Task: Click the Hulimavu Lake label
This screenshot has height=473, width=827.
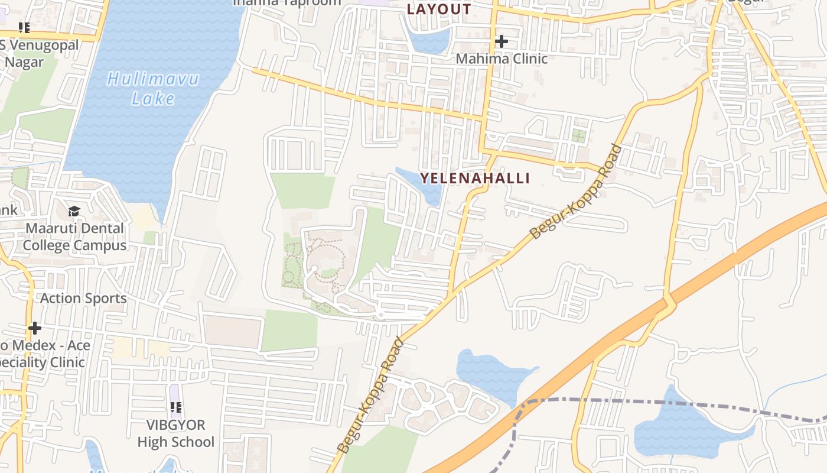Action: (153, 88)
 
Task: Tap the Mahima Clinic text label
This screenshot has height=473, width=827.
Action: (502, 59)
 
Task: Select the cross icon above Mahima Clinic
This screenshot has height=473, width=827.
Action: (502, 41)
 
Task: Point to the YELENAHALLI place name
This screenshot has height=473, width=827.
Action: (475, 178)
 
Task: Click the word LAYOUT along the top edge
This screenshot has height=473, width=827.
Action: (439, 9)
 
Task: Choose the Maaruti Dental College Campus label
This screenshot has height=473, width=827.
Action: (74, 237)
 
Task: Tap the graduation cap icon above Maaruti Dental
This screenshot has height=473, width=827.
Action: (74, 211)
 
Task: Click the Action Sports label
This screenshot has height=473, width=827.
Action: (83, 298)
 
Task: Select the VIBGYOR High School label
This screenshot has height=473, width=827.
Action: (175, 433)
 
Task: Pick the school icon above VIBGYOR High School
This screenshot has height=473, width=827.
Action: (175, 407)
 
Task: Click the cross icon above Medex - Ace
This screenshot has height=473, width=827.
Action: (35, 328)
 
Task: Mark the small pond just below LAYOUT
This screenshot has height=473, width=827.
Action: (429, 41)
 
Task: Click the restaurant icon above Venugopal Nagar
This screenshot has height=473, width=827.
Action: (24, 27)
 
